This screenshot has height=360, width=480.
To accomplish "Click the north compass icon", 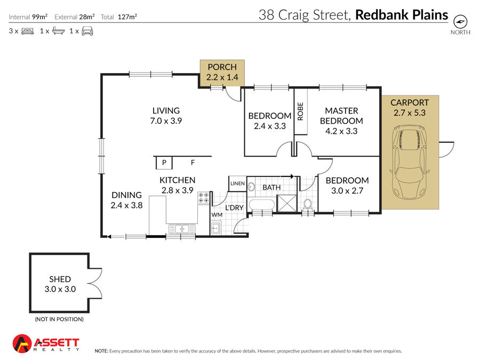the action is [x=460, y=22].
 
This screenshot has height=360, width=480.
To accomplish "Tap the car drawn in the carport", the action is [x=409, y=162].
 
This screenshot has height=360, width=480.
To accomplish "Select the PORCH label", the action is [x=222, y=67].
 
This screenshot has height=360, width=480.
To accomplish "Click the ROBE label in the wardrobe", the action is [x=300, y=111].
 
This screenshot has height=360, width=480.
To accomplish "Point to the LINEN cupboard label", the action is [x=237, y=183].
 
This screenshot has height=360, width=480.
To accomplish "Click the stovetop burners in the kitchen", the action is [x=203, y=198].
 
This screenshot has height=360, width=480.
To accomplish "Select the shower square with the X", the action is [x=286, y=203].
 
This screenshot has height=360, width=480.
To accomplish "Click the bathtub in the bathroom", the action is [x=262, y=204].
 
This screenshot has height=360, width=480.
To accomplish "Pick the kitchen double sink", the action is [x=182, y=229].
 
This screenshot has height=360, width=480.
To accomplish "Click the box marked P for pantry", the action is [x=164, y=163].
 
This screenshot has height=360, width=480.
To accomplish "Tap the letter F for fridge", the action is [x=193, y=163].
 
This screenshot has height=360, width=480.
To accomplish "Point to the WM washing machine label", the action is [x=217, y=215].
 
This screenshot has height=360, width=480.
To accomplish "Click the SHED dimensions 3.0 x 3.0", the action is [x=60, y=289].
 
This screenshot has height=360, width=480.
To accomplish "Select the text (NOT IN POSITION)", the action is [x=59, y=319].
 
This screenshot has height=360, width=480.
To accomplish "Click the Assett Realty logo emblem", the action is [x=22, y=343].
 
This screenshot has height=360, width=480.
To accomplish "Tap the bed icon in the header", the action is [x=28, y=31].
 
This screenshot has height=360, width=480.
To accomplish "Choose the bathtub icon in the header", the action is [x=59, y=30].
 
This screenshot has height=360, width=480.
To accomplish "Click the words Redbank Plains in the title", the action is [x=402, y=15].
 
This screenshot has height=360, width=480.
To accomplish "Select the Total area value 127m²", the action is [x=127, y=17].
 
